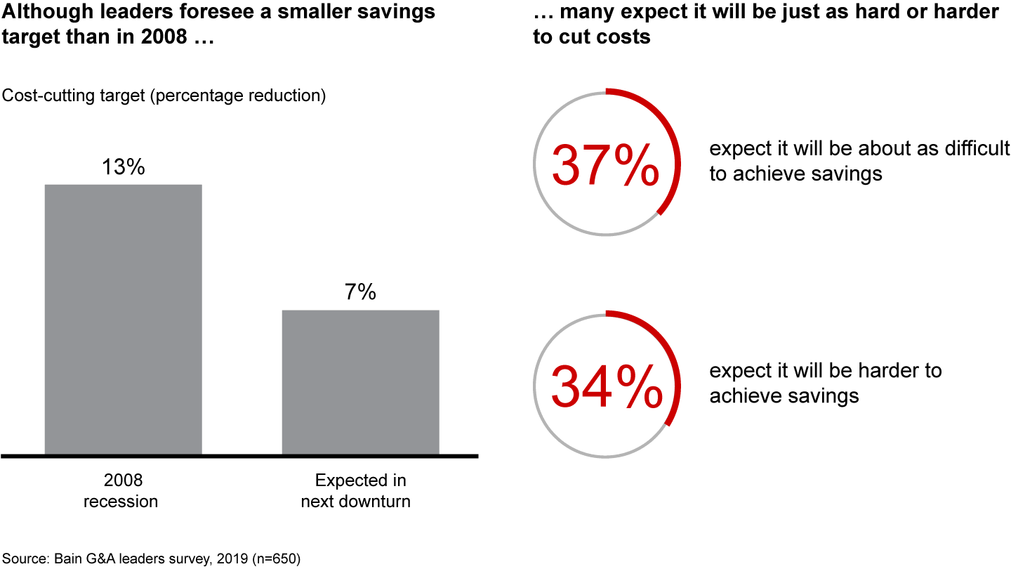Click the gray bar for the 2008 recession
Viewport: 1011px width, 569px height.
point(123,320)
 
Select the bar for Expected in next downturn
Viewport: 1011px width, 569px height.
point(360,382)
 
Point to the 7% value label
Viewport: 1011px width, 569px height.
point(360,292)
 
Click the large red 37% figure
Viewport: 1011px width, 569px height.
point(605,165)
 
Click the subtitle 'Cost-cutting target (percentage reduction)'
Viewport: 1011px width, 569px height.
point(164,96)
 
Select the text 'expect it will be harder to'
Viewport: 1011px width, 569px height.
point(826,371)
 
